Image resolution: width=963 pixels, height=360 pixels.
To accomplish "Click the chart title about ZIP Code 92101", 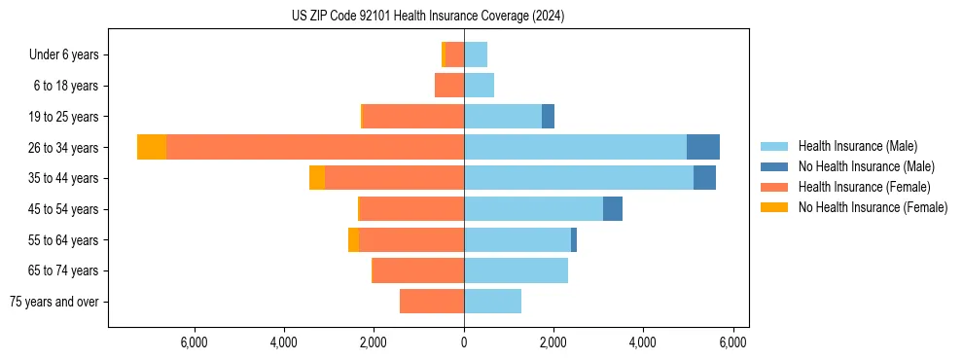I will point(427,17).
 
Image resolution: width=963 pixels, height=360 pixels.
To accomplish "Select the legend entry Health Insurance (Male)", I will point(857,146).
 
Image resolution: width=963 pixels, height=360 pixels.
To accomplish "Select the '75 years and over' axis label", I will point(54,302).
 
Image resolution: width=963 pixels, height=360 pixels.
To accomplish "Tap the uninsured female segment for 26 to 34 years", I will point(152,147).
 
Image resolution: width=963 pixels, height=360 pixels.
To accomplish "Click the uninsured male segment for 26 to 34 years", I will point(703,147).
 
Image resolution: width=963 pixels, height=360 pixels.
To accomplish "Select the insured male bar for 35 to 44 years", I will point(579,178).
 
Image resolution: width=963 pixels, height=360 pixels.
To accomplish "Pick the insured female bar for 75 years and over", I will point(432,302).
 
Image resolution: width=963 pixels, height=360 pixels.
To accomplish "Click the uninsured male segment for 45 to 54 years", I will point(613,209).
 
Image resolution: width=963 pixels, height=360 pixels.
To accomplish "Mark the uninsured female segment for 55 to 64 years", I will point(353,240).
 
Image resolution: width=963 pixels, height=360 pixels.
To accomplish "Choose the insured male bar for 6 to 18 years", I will point(479,86).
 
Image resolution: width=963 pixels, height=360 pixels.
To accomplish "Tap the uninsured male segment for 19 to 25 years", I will point(548,117).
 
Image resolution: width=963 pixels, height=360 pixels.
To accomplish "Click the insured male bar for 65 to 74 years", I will point(516,270).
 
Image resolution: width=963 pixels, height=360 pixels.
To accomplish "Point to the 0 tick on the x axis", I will point(464,342).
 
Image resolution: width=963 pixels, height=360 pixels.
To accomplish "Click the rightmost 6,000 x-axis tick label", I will point(732,342).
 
